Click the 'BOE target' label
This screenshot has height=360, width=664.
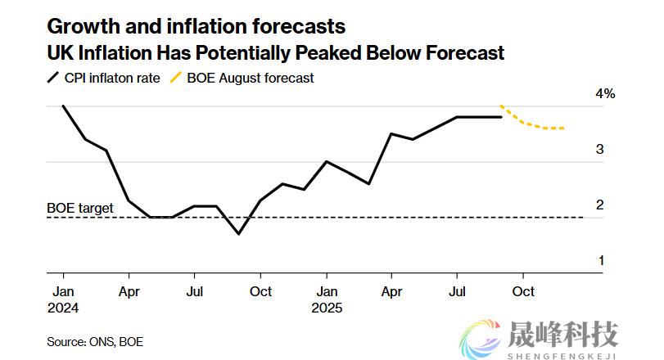(80, 209)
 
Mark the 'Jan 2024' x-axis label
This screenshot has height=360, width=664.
(65, 299)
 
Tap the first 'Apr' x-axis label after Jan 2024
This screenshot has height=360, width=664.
(129, 291)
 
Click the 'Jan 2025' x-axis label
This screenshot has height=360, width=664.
(327, 299)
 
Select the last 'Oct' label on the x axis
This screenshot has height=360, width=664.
(523, 291)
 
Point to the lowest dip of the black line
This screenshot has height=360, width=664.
(238, 234)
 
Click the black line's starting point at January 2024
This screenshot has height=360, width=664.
(63, 106)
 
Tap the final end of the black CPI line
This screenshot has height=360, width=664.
(501, 117)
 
